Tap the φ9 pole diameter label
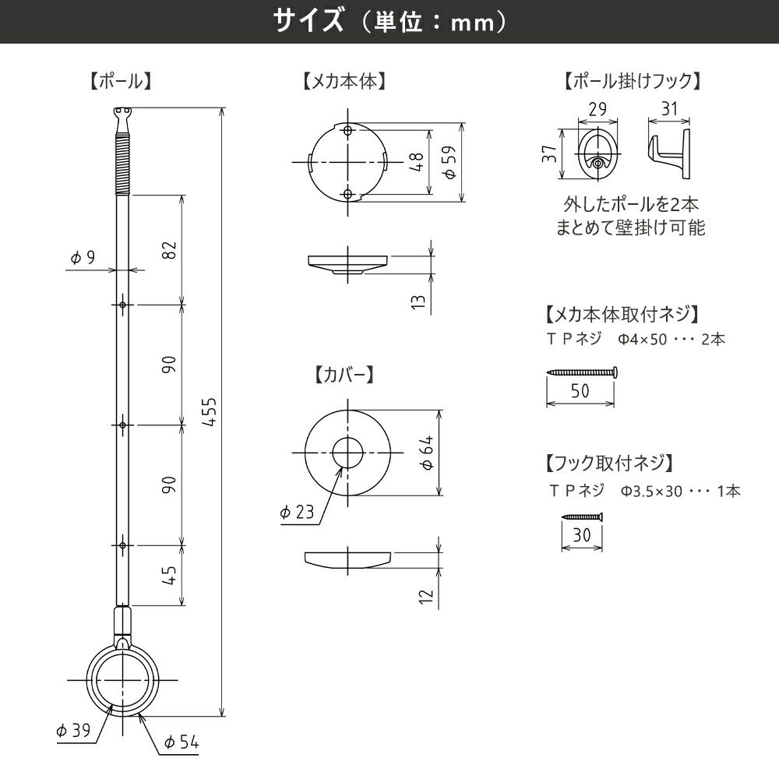tap(82, 258)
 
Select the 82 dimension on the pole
tap(171, 250)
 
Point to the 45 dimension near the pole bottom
tap(171, 575)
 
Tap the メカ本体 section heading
tap(345, 81)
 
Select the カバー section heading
tap(345, 374)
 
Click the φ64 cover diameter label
tap(428, 453)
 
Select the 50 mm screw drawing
tap(582, 372)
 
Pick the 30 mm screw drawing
tap(582, 516)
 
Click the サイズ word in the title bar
tap(307, 21)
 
